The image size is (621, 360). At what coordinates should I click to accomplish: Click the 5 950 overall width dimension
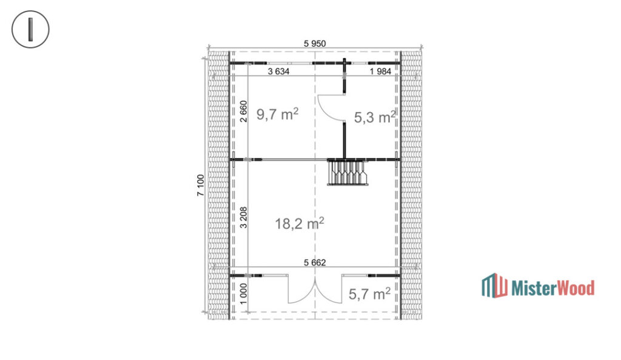click(x=315, y=43)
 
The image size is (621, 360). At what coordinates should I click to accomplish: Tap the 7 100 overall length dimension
click(x=200, y=185)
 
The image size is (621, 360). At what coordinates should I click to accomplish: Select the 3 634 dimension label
click(x=279, y=71)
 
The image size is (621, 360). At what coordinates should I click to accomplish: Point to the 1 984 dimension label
click(x=381, y=71)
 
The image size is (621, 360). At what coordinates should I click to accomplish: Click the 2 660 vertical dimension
click(x=244, y=112)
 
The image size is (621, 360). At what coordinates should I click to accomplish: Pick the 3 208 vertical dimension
click(x=244, y=217)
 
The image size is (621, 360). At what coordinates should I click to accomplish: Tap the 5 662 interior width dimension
click(x=315, y=262)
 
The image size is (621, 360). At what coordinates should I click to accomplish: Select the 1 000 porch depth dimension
click(x=244, y=293)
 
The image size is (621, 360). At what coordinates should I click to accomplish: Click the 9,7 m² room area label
click(x=277, y=115)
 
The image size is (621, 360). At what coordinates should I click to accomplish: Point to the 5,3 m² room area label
click(x=375, y=117)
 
